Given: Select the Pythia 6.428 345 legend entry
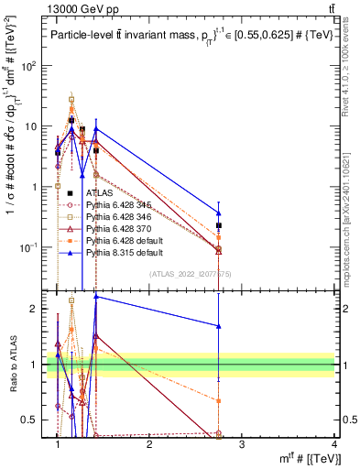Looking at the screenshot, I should (x=116, y=205).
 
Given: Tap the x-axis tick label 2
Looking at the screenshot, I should (x=149, y=444).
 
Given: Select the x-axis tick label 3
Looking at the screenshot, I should (x=242, y=444).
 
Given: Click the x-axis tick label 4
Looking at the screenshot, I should (x=333, y=444).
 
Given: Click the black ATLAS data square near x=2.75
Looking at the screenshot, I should (x=218, y=225).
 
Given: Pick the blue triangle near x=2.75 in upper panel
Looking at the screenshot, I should (x=218, y=213).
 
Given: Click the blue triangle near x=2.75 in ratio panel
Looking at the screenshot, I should (x=218, y=325).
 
